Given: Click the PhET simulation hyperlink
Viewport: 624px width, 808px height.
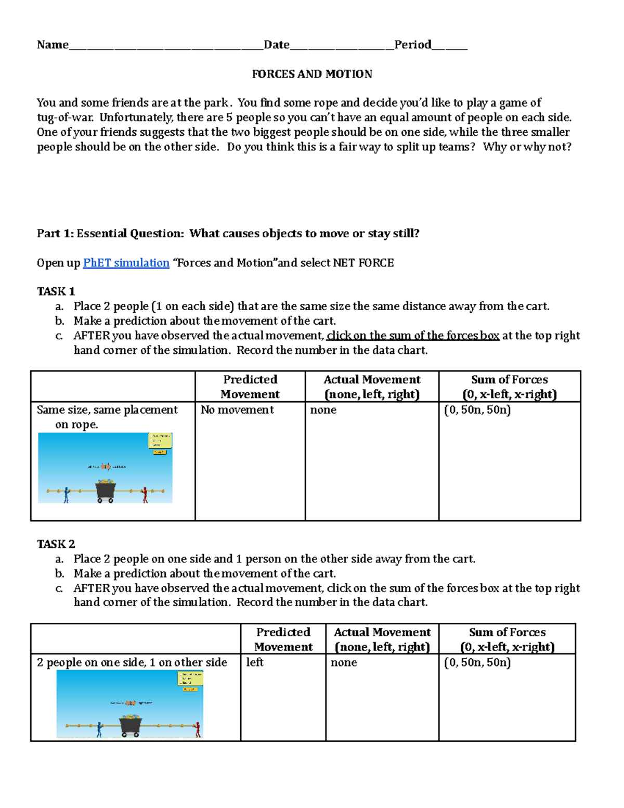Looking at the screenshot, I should (x=126, y=263).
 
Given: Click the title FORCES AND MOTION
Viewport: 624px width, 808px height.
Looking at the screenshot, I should (x=312, y=74).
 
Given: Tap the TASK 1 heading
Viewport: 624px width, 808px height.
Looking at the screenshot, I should (x=56, y=291).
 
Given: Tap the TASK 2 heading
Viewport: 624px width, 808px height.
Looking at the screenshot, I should (x=56, y=544).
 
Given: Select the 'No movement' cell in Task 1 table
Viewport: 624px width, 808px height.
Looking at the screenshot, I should (x=237, y=410).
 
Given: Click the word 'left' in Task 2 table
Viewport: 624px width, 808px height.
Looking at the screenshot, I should (x=255, y=662).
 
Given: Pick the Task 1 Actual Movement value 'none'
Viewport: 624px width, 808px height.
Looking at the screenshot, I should (x=323, y=410).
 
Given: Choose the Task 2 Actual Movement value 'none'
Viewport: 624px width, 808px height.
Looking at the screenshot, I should (x=344, y=662).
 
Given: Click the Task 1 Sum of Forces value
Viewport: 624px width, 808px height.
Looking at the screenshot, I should (x=477, y=410).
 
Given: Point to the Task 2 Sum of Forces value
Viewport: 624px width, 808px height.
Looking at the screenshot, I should (x=477, y=662).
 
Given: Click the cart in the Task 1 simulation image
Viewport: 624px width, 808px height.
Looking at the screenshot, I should (x=106, y=491).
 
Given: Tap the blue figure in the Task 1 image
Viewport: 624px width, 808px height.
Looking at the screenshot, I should (x=66, y=495).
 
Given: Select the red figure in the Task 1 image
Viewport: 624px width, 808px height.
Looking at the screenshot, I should (x=145, y=495).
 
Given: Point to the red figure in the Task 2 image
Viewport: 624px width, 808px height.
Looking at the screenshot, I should (x=197, y=729).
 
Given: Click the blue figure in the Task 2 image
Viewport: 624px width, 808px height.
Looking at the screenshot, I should (x=99, y=729).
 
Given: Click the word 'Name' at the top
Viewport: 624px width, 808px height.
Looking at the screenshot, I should (x=53, y=45).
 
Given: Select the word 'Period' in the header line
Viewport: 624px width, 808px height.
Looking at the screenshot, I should (x=413, y=45).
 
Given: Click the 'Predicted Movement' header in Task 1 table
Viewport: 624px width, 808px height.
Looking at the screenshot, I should (x=250, y=387).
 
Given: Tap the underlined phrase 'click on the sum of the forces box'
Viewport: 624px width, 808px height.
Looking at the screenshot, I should (x=413, y=336).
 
